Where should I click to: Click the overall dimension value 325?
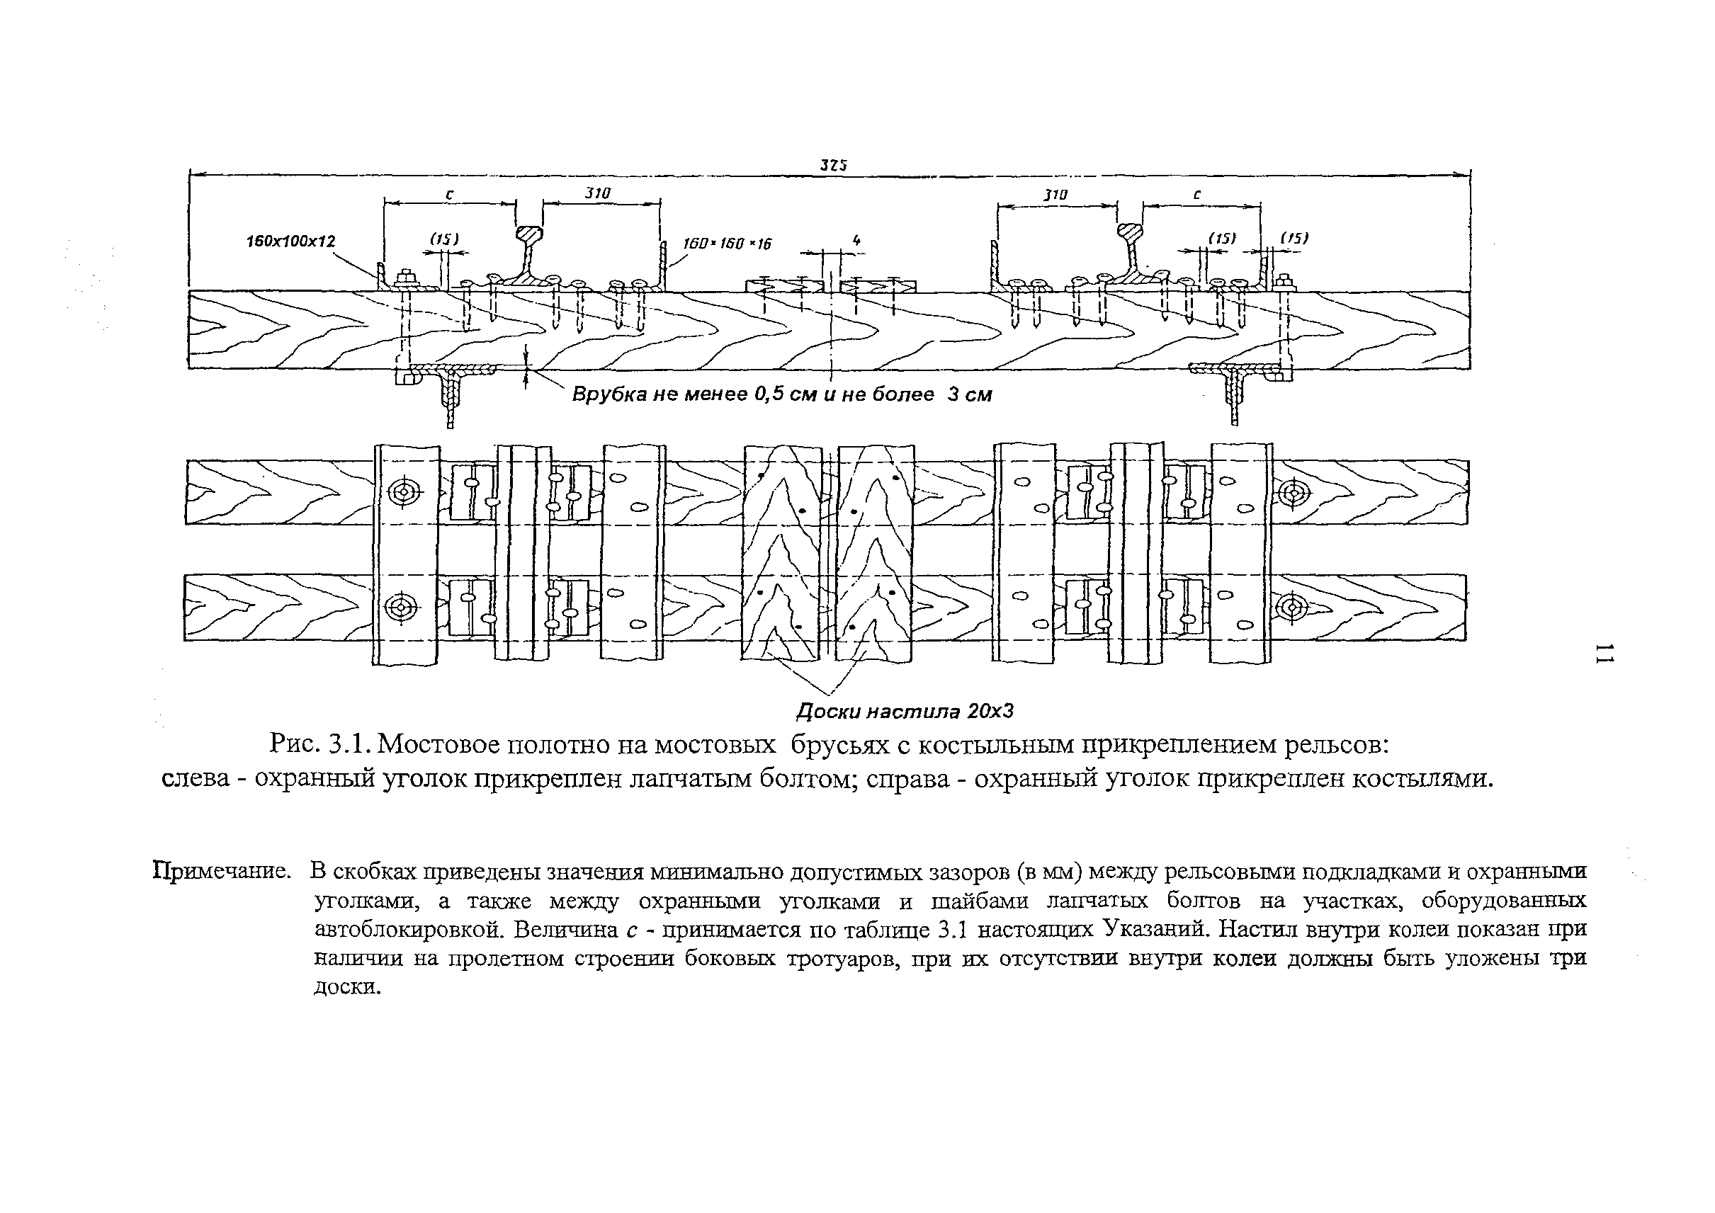[x=833, y=165]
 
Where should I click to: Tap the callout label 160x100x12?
[x=290, y=241]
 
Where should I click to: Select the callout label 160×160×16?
[x=727, y=244]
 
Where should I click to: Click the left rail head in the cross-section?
[x=530, y=235]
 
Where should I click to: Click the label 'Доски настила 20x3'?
[x=904, y=710]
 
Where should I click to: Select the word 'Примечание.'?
[x=222, y=871]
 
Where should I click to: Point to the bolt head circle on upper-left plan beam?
[x=405, y=492]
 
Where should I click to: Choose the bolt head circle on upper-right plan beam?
[x=1294, y=493]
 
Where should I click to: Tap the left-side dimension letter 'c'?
[x=449, y=194]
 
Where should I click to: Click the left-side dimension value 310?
[x=598, y=193]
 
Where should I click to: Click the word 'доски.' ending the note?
[x=348, y=986]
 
